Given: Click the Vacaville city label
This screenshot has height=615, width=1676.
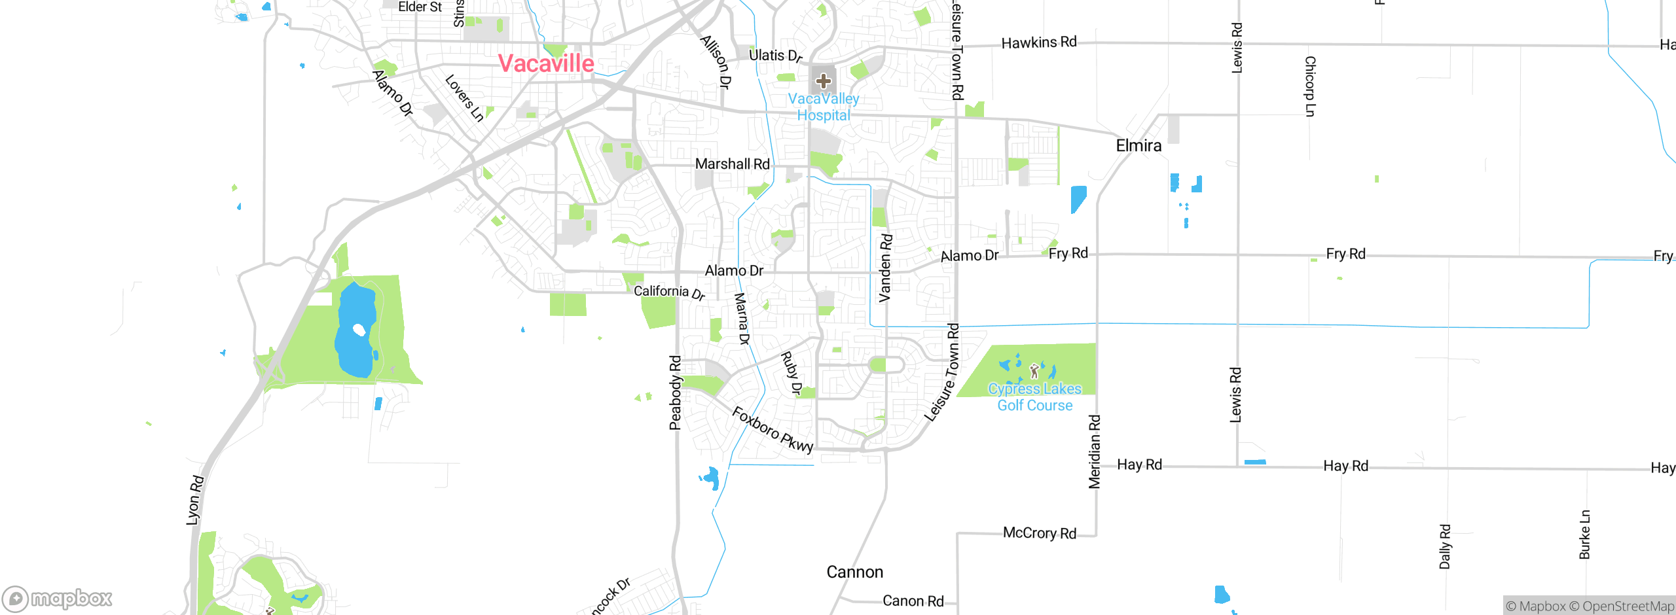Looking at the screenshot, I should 546,63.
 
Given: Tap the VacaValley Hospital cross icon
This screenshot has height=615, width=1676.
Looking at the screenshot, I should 823,81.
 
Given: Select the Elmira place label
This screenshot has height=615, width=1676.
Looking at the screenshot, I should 1139,145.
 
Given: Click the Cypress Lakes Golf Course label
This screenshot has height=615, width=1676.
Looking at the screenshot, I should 1034,397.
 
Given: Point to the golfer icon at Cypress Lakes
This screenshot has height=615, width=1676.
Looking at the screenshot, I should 1034,372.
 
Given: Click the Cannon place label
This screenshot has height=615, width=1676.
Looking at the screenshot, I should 854,572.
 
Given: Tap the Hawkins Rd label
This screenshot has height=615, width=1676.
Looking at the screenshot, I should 1038,43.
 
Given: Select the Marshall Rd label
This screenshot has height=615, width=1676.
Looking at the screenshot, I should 732,164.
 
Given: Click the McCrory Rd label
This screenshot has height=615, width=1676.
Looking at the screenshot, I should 1039,533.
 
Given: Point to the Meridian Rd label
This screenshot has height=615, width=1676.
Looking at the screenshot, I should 1094,451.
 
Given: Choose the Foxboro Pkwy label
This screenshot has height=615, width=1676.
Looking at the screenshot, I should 773,430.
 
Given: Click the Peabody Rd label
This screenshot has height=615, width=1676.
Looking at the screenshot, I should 675,393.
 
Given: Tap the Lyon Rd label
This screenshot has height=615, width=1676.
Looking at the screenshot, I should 195,501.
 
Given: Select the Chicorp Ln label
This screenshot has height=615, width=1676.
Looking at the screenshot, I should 1309,86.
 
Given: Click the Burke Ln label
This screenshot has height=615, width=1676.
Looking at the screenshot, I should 1584,535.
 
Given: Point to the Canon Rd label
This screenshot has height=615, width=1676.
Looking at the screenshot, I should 913,601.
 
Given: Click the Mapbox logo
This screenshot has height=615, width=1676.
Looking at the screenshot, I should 58,599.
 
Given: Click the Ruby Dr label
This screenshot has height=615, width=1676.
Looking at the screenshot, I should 791,373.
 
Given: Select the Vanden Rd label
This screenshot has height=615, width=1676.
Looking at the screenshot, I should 884,268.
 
